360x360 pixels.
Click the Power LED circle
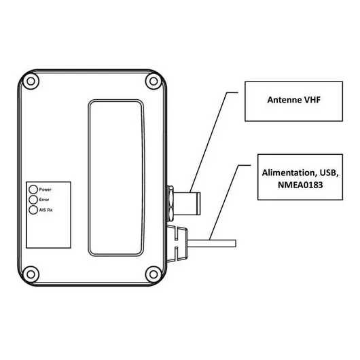[x=33, y=190]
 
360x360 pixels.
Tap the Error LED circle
[x=33, y=200]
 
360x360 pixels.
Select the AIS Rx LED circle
[x=33, y=210]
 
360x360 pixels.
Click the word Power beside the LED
[x=46, y=190]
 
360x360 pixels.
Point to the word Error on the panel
[x=45, y=200]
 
